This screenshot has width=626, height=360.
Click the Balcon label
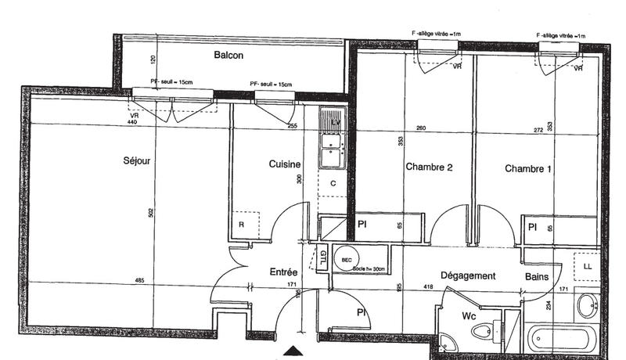(229, 56)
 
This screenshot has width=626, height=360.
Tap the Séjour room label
(137, 161)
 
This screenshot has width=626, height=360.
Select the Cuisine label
(284, 164)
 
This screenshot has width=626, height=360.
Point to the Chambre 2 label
(429, 167)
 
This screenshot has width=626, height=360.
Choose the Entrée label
(282, 272)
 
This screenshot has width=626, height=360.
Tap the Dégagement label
(468, 275)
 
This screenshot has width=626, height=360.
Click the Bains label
(536, 276)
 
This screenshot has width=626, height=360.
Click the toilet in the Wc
(486, 332)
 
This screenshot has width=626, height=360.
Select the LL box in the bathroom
(588, 267)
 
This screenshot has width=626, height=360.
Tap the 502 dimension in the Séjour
(150, 212)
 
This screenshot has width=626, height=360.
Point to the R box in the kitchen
(242, 225)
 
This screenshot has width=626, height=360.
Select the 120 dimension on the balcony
(153, 59)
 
